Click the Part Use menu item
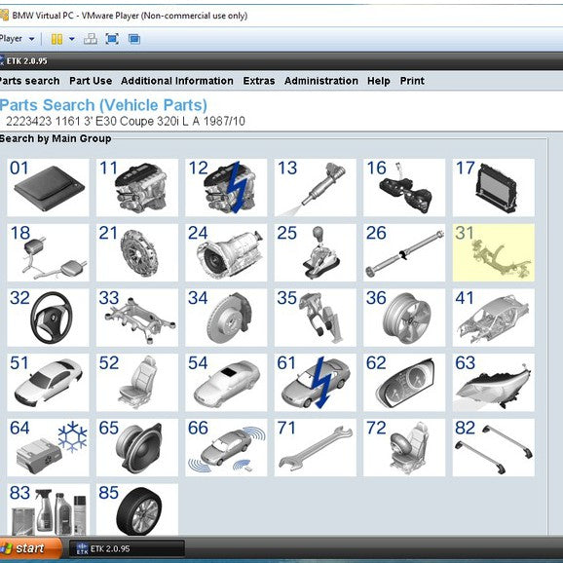click(91, 81)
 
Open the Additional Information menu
click(177, 81)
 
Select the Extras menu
click(259, 81)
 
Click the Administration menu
click(321, 81)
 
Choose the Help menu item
click(379, 81)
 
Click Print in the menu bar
click(412, 81)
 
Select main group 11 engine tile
click(137, 187)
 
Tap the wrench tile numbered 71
click(316, 447)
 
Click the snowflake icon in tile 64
click(72, 437)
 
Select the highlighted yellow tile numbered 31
click(494, 251)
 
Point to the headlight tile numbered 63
click(494, 382)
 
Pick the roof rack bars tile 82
click(494, 447)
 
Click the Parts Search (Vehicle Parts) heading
click(103, 104)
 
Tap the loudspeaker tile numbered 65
click(137, 447)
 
